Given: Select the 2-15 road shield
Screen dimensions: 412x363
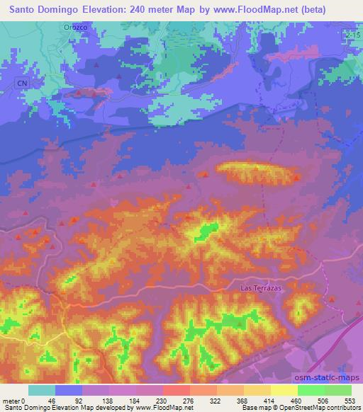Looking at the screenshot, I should point(354,33).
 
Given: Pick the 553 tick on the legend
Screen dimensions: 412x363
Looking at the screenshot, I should point(350,400).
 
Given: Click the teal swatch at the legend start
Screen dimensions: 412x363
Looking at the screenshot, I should point(42,390).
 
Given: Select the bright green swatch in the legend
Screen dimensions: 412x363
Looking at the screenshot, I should point(311,390).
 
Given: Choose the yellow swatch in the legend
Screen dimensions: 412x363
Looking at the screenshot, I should point(284,390).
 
